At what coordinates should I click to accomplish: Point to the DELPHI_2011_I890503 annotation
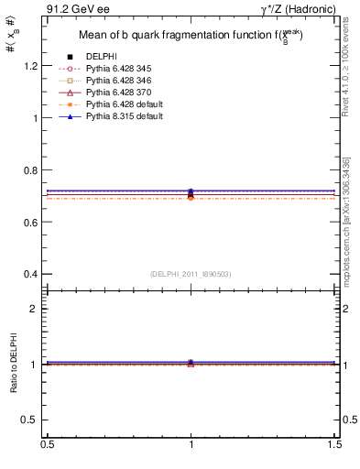pos(191,274)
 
